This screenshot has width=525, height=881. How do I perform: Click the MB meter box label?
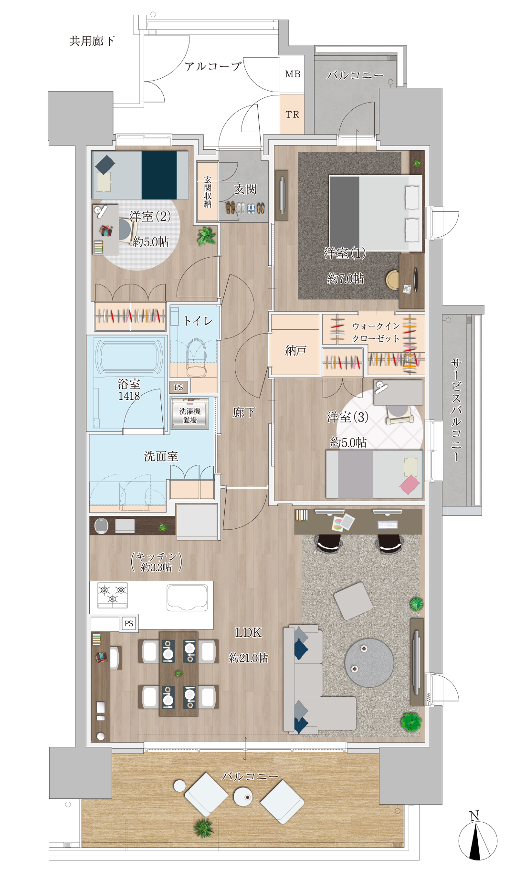293,74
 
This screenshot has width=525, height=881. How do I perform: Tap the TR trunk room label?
293,115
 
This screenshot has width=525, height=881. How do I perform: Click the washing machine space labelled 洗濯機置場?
190,415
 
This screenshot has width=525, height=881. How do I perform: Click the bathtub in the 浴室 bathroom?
129,356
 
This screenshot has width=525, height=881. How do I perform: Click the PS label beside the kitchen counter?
129,623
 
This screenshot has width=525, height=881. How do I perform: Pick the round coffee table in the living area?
369,663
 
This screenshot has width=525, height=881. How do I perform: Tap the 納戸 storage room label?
295,351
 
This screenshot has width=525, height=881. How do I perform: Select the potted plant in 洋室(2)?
207,236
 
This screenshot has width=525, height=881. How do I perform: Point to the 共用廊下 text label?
92,41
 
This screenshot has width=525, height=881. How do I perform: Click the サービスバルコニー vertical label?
456,410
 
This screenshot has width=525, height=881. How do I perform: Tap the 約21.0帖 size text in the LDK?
248,658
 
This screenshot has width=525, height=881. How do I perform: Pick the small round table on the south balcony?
243,797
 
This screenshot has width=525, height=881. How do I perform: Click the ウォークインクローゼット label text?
376,332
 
